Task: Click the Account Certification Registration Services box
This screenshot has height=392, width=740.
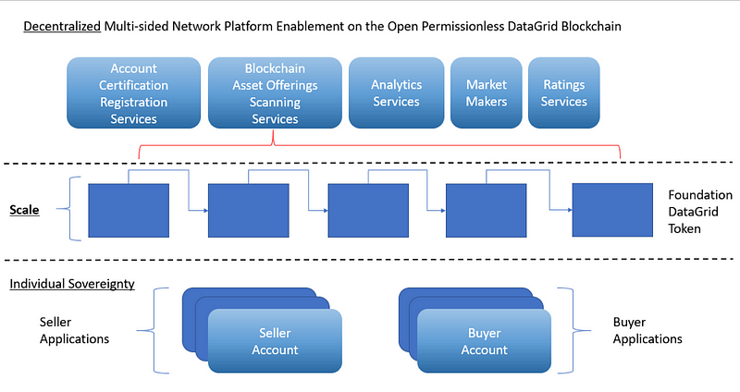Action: click(x=133, y=93)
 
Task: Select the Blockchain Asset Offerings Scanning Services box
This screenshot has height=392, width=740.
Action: click(x=275, y=93)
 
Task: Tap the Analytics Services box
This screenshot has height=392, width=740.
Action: click(x=397, y=93)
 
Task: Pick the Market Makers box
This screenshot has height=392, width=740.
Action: click(x=487, y=93)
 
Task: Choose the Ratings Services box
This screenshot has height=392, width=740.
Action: click(x=564, y=93)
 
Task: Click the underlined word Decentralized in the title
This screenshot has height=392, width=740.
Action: click(x=62, y=27)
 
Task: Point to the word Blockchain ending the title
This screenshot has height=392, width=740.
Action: click(x=590, y=27)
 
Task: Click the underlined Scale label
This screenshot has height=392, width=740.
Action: click(x=25, y=210)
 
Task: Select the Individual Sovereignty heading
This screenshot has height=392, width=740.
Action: click(x=72, y=284)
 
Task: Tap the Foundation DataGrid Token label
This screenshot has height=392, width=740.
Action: click(x=700, y=212)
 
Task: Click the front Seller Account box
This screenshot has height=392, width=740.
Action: click(x=275, y=341)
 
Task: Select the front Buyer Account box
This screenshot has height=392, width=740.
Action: click(x=484, y=341)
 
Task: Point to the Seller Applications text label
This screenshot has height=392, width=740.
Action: click(x=74, y=331)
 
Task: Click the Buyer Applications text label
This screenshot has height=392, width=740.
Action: click(x=647, y=331)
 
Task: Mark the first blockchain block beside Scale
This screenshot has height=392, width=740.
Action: click(x=129, y=211)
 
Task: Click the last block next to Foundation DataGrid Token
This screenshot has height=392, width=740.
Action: click(x=612, y=210)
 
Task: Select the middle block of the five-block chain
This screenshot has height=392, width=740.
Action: click(x=368, y=211)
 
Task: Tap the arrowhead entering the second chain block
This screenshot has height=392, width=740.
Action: click(x=205, y=211)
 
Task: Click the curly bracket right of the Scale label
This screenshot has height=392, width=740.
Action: click(x=69, y=209)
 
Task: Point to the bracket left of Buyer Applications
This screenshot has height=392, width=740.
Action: click(x=573, y=331)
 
